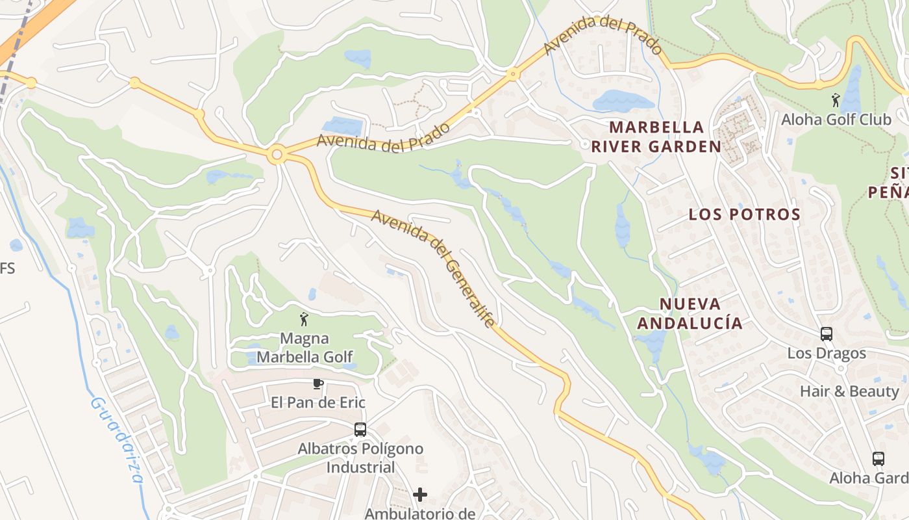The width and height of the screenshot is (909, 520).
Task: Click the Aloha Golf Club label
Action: (x=836, y=120)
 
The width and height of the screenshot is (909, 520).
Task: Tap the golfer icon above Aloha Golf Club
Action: (x=836, y=100)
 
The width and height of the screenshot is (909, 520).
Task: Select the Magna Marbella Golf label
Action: (x=305, y=348)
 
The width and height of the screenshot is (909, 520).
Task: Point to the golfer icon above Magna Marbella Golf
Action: (x=303, y=319)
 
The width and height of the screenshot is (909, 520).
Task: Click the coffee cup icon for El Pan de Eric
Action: (x=318, y=383)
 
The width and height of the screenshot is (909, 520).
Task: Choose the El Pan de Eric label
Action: (x=318, y=402)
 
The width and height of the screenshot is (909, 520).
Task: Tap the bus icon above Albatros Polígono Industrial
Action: (x=360, y=430)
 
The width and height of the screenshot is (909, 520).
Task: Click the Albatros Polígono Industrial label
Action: (x=360, y=458)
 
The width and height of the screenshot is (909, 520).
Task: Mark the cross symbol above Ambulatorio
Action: (x=420, y=495)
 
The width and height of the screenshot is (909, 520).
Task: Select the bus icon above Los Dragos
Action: (x=827, y=334)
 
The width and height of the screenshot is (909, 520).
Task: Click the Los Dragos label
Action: (x=827, y=354)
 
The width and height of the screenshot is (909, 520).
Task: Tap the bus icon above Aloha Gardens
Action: (x=878, y=459)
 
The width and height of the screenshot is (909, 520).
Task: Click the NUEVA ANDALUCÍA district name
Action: (x=690, y=313)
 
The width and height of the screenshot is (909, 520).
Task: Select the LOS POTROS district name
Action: (x=744, y=214)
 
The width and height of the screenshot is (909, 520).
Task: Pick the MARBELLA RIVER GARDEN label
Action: (x=656, y=136)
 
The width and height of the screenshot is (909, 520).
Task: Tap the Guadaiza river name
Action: (x=117, y=439)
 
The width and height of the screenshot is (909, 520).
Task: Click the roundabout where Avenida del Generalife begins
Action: (x=277, y=155)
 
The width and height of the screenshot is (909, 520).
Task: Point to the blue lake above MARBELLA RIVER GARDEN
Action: (x=622, y=101)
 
